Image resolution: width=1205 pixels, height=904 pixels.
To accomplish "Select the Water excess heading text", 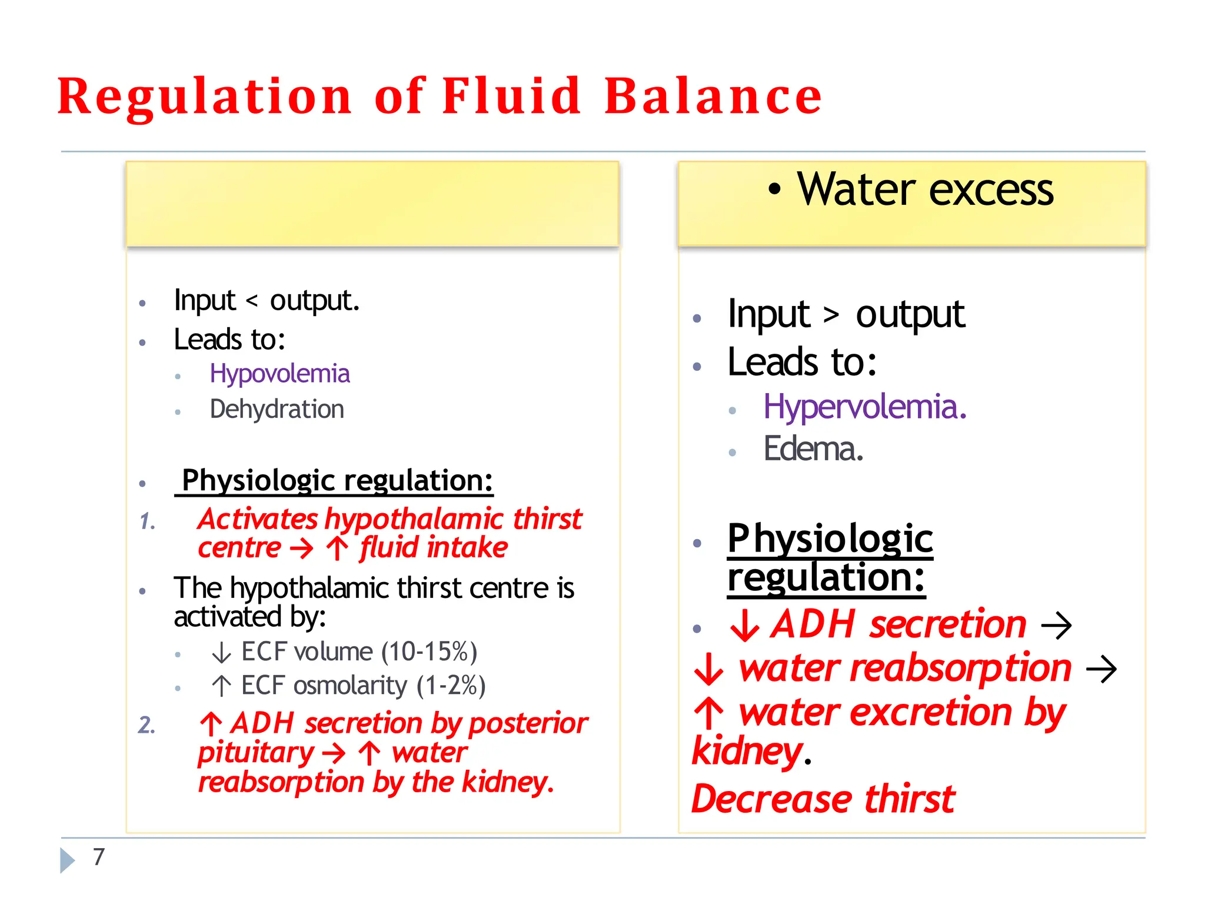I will [x=925, y=190].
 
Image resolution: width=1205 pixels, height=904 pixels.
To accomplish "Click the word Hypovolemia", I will [x=279, y=374].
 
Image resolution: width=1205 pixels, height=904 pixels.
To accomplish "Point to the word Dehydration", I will [x=277, y=409].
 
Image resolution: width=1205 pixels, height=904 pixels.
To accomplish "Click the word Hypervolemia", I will [x=864, y=407].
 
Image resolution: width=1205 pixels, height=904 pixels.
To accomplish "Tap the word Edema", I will [x=813, y=449].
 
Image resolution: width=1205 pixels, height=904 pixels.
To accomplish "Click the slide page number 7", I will [x=99, y=857].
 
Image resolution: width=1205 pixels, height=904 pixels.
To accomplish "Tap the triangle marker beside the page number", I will [x=68, y=860].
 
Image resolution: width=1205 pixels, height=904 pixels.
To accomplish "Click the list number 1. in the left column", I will [x=148, y=521].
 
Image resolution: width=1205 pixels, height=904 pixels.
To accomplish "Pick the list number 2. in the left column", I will [x=147, y=725].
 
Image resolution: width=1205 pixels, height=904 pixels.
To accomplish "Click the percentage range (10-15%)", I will [x=429, y=652].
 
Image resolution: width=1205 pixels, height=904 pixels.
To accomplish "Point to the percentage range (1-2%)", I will [x=451, y=686].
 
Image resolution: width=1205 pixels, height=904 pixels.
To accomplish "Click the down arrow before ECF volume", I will [x=221, y=653].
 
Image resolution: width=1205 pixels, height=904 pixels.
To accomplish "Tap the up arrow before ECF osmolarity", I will [x=221, y=686].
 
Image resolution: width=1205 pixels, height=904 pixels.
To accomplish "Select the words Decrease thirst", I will [x=823, y=799].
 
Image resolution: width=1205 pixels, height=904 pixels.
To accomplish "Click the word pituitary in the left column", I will [x=256, y=753].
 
